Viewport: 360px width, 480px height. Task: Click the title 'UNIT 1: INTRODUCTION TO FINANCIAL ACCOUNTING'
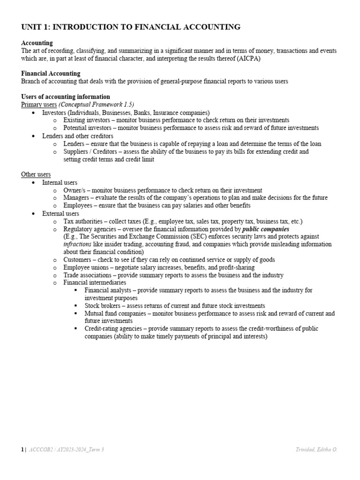[131, 27]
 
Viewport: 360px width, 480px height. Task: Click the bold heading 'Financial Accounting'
[51, 74]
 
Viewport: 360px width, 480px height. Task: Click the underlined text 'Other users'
[36, 174]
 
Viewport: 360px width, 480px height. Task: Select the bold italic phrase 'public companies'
[265, 229]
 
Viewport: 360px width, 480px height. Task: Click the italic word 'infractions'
[77, 244]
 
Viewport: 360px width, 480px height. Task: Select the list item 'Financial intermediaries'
[95, 283]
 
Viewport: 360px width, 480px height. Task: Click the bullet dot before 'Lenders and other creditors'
[32, 136]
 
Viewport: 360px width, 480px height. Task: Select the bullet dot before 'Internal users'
[32, 182]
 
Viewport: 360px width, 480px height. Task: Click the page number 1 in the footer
[22, 450]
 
